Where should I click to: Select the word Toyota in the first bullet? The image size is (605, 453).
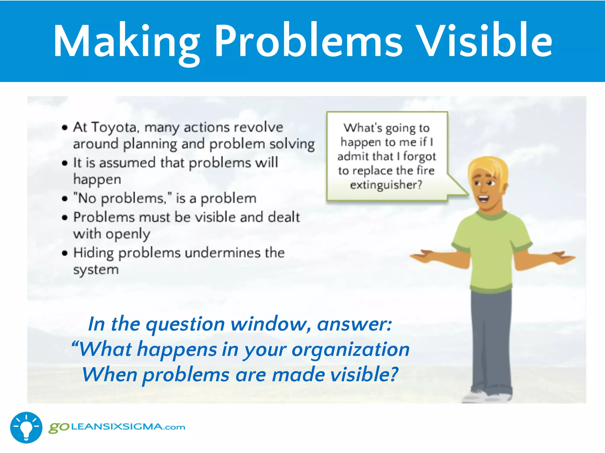(x=114, y=127)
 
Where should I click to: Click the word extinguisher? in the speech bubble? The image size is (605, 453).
(x=386, y=185)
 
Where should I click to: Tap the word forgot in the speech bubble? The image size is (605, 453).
(x=419, y=157)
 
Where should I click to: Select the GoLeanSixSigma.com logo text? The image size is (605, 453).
(x=117, y=427)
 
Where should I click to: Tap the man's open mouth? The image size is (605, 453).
(x=483, y=198)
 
